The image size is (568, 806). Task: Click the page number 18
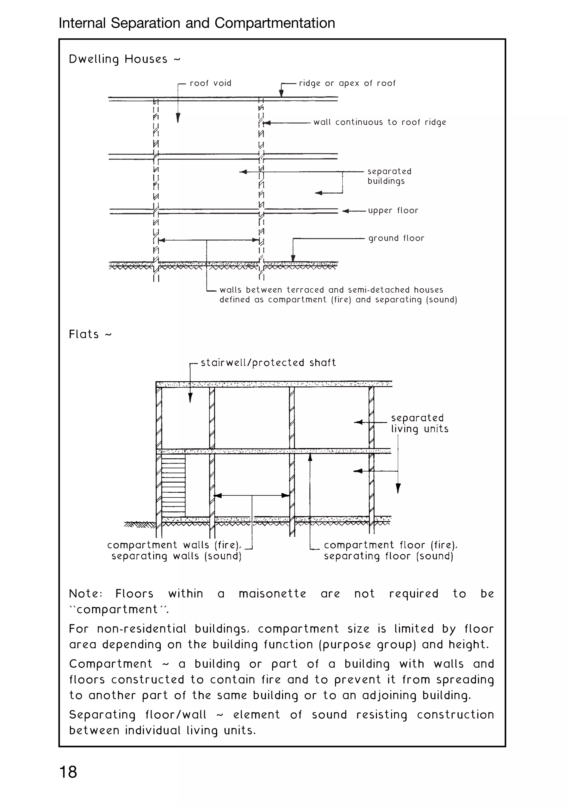tap(68, 772)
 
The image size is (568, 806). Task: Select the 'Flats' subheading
tap(84, 334)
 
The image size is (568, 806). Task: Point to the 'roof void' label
tap(210, 83)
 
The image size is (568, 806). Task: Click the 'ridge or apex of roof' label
tap(347, 83)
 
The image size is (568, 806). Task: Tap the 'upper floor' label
tap(393, 211)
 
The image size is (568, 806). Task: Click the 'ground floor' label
tap(396, 238)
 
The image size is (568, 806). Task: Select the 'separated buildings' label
tap(389, 176)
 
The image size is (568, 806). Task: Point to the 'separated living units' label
tap(419, 423)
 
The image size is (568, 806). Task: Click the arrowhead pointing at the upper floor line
tap(346, 211)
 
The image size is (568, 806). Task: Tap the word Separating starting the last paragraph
tap(102, 715)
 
